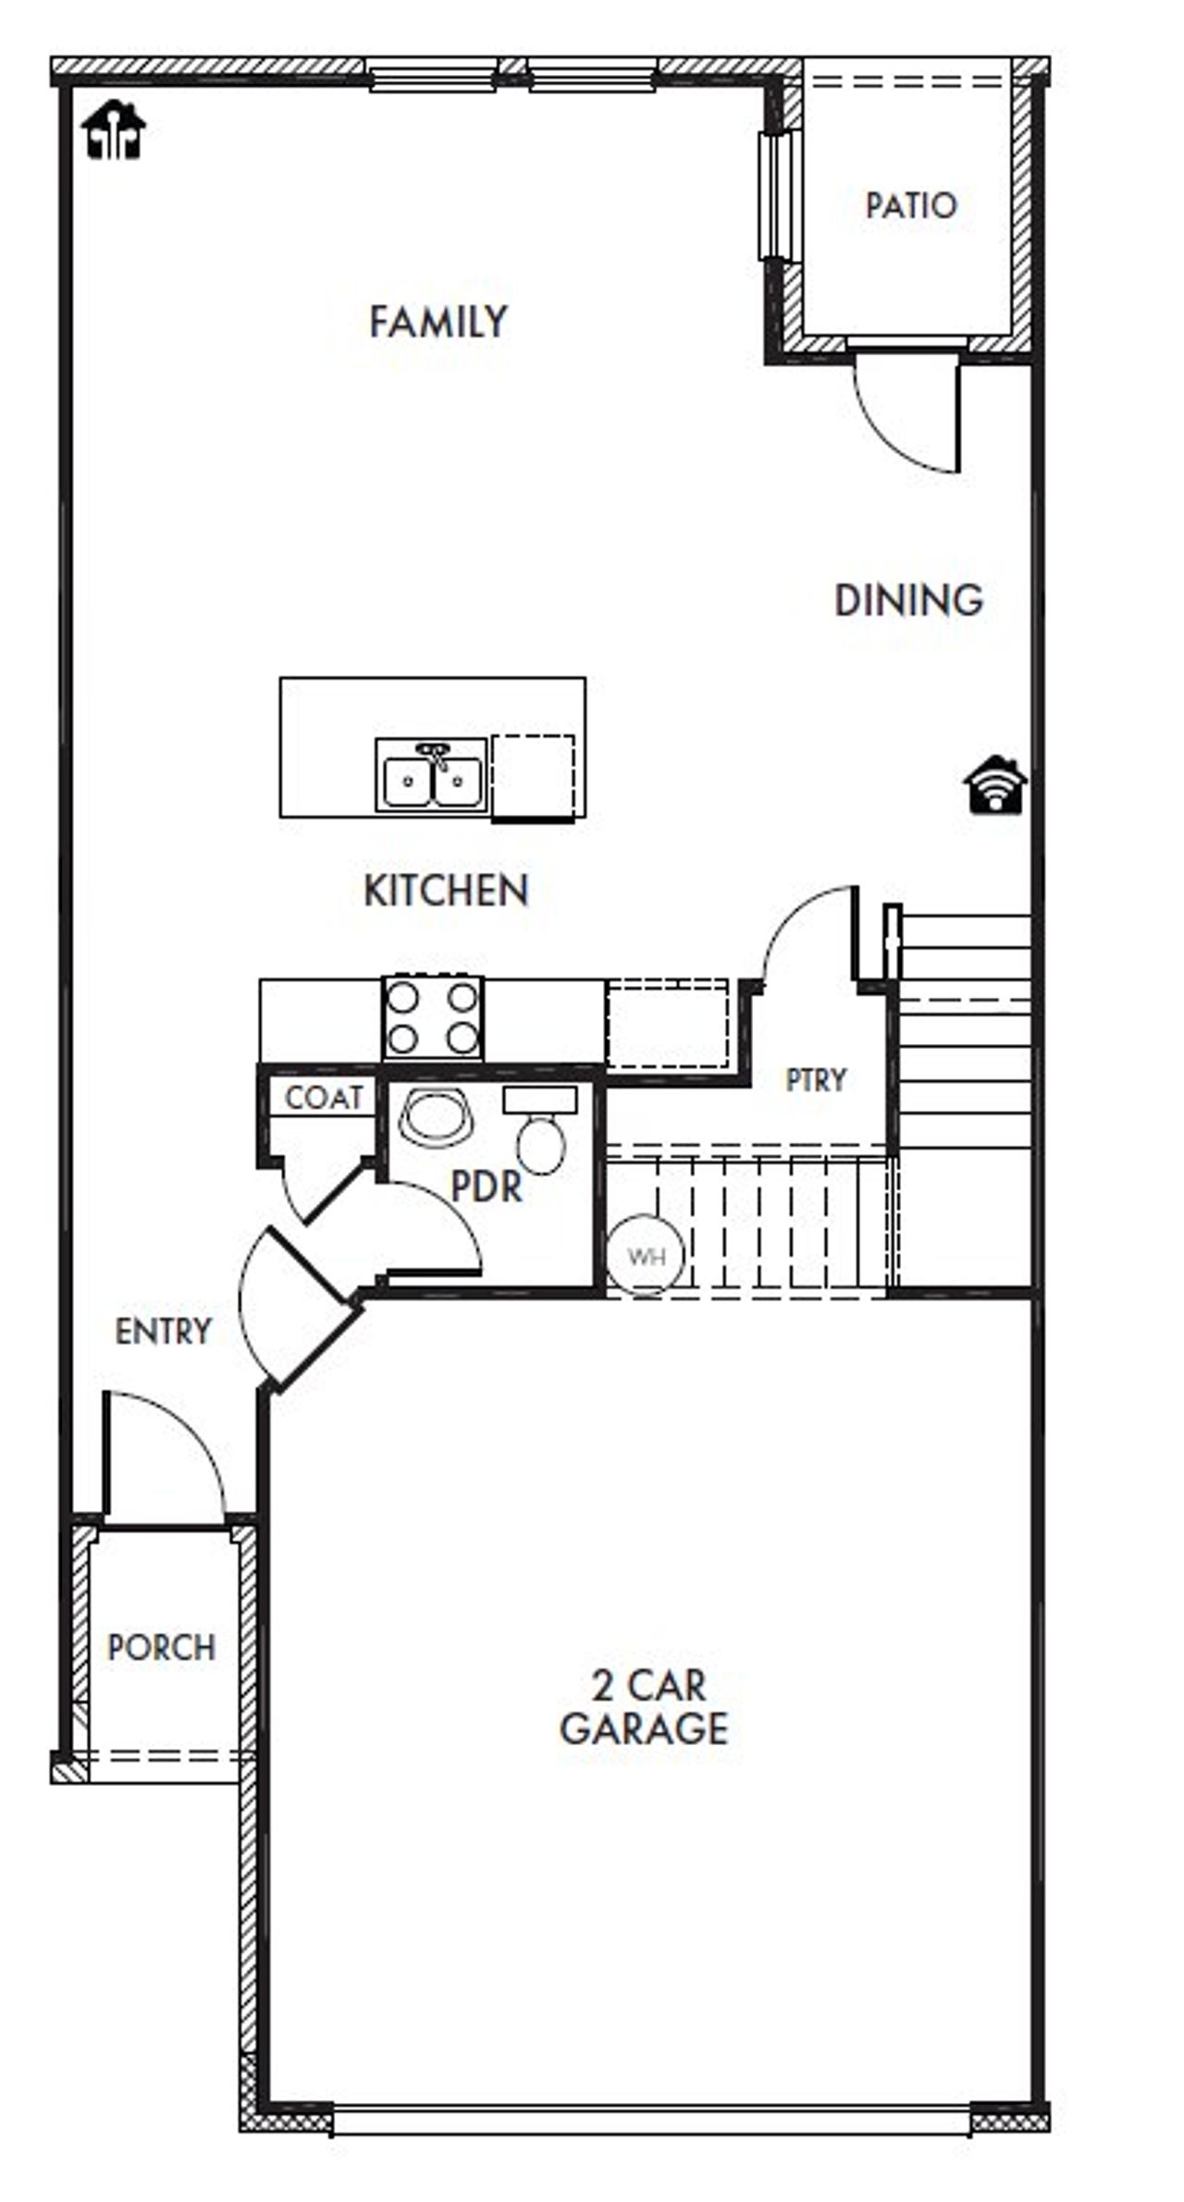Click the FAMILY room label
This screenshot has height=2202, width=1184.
click(438, 323)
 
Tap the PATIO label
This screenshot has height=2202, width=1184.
click(910, 205)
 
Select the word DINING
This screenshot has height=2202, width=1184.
click(908, 601)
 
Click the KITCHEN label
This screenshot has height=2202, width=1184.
click(446, 891)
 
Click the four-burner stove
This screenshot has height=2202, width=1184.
click(432, 1018)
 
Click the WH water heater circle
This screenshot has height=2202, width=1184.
click(646, 1256)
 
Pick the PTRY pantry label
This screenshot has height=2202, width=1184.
click(815, 1080)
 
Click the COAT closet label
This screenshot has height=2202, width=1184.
click(323, 1098)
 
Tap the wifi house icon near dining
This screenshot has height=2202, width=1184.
click(995, 786)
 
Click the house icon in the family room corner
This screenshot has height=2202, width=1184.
click(114, 130)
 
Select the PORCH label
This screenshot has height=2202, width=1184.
click(162, 1647)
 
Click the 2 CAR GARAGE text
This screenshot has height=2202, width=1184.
click(645, 1706)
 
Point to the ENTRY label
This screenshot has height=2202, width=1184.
click(164, 1332)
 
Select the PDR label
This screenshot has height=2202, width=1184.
click(487, 1187)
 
